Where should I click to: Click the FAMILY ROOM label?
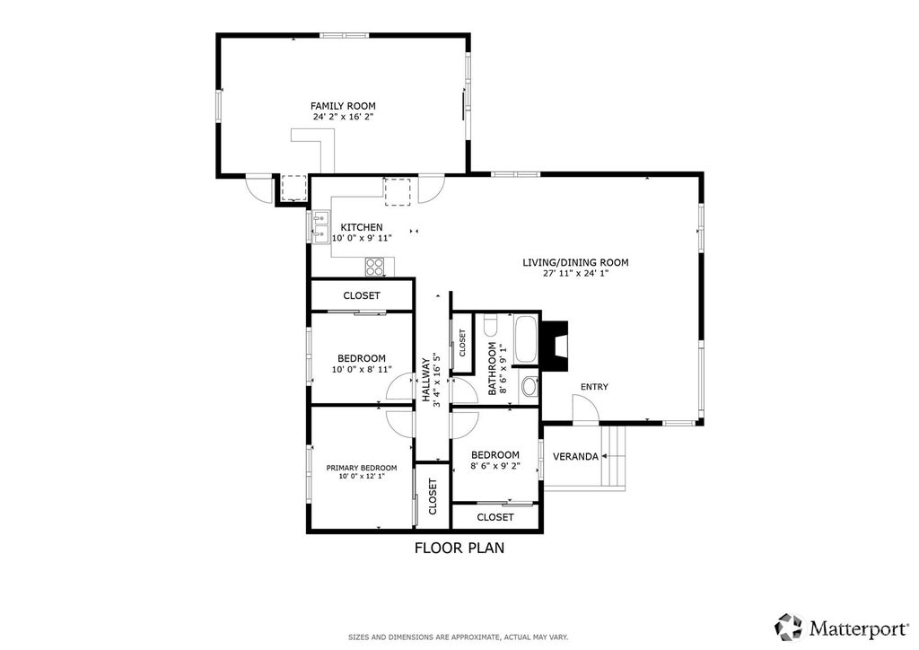click(343, 106)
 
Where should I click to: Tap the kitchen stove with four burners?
click(374, 267)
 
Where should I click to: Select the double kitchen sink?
click(320, 226)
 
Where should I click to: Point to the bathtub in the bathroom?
click(524, 340)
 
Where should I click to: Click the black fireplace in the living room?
click(555, 346)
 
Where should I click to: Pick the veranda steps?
click(614, 455)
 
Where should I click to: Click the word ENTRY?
click(594, 387)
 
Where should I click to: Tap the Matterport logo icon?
click(788, 628)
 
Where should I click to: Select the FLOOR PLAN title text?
click(459, 548)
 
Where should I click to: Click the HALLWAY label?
click(426, 380)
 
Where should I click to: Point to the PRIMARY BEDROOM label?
click(362, 468)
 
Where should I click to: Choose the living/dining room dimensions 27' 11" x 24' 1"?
click(575, 273)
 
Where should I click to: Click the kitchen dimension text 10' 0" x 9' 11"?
click(362, 238)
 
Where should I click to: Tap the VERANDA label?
click(575, 457)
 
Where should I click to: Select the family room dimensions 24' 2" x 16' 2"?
click(343, 117)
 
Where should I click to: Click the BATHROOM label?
click(493, 369)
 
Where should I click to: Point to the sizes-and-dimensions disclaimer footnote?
click(459, 637)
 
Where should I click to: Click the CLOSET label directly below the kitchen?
click(362, 296)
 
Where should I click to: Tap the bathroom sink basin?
click(530, 386)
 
